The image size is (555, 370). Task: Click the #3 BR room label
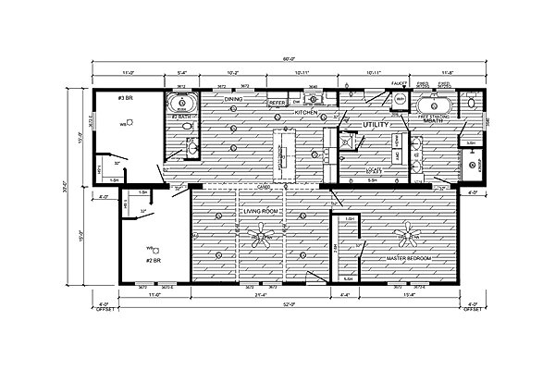124,98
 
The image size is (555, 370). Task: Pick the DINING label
232,98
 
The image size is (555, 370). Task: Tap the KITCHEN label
305,112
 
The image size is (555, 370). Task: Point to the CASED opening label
263,185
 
